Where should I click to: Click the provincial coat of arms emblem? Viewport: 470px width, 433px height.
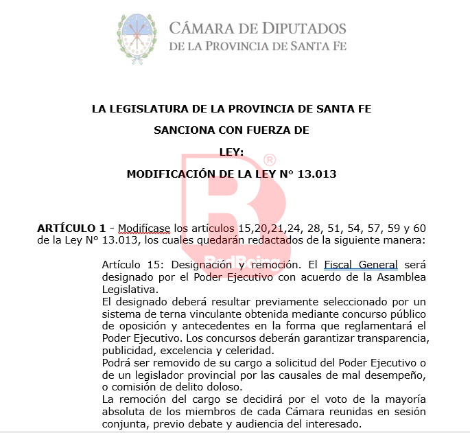pos(136,36)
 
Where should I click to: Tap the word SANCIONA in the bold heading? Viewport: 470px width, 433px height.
pos(185,130)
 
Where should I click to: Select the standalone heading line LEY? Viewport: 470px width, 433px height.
pos(231,152)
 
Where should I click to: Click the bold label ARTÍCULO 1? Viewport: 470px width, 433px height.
pos(71,228)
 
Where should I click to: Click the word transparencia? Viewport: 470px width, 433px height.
pos(388,339)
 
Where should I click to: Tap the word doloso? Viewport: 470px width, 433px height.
pos(208,387)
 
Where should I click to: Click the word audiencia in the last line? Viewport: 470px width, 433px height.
pos(277,424)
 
